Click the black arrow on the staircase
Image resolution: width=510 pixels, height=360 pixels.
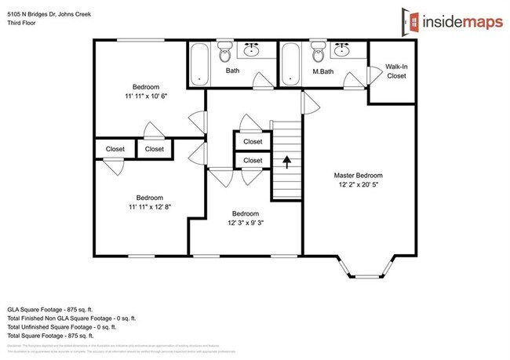click(287, 162)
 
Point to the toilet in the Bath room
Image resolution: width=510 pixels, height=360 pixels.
click(225, 55)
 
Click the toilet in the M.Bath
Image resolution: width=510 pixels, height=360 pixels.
click(318, 55)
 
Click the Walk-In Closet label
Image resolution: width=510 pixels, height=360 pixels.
click(396, 71)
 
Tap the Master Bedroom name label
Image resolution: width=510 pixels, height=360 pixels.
click(358, 176)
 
